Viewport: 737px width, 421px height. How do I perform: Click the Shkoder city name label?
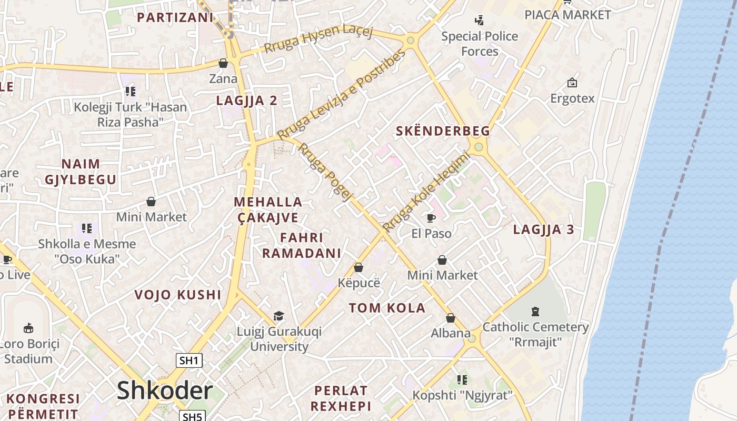click(165, 390)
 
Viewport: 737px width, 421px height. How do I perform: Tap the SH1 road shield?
click(189, 360)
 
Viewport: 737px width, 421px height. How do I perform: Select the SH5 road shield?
click(192, 417)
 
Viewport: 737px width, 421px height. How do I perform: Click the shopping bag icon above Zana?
click(223, 64)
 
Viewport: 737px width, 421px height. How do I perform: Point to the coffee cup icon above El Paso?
click(431, 218)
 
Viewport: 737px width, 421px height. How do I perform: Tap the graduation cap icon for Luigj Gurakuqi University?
click(278, 316)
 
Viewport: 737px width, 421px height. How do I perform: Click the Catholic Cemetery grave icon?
click(535, 311)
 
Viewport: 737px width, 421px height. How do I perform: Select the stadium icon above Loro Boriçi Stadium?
click(28, 328)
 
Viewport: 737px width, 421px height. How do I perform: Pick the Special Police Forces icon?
click(479, 21)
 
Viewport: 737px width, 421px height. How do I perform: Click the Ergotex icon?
click(572, 83)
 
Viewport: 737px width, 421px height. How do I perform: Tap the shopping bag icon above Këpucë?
click(358, 267)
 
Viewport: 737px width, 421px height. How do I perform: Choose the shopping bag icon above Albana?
click(451, 318)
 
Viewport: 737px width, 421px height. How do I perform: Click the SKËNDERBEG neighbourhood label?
click(443, 131)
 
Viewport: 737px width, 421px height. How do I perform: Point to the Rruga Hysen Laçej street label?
click(318, 39)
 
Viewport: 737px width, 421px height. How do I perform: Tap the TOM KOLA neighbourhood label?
click(387, 308)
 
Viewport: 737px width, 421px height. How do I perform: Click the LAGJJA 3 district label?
click(543, 229)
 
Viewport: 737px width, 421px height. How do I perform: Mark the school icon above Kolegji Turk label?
click(131, 92)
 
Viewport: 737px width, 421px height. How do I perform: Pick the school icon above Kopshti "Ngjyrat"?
click(462, 380)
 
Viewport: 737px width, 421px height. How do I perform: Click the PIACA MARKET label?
click(567, 15)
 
